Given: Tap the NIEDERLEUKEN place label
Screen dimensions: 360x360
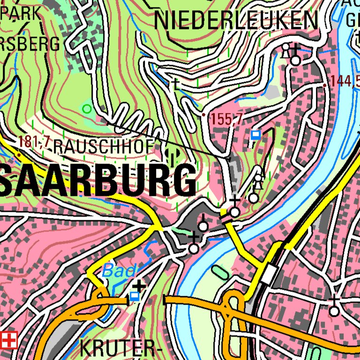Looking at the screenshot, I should [x=236, y=21].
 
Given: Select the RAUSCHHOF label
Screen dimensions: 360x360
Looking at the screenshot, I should [x=104, y=147].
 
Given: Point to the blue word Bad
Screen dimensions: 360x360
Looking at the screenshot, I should [x=119, y=270].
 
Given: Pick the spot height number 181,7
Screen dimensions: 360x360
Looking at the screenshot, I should [x=34, y=141].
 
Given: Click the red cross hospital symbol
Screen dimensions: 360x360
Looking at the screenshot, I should [x=8, y=340].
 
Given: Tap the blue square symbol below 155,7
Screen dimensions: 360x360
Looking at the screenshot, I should [x=255, y=135].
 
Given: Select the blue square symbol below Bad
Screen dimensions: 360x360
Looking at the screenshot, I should [x=135, y=296].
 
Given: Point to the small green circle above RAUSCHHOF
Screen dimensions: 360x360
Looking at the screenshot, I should [x=87, y=109].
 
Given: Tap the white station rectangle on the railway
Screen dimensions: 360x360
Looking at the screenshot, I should [x=269, y=273].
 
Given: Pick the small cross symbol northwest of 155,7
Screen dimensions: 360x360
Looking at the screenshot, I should [x=175, y=84].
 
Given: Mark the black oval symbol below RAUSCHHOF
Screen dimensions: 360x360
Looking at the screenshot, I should [x=172, y=155].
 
